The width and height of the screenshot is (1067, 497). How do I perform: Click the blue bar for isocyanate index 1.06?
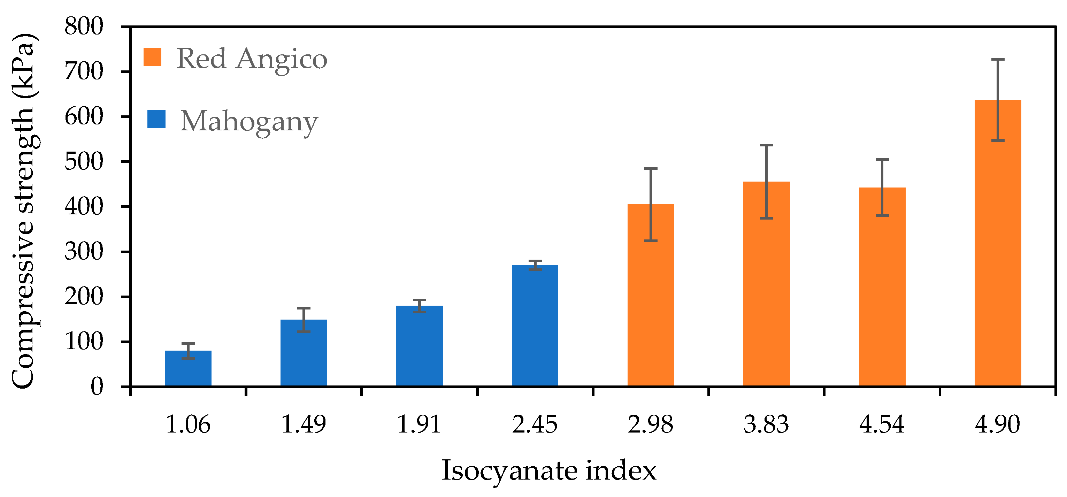pyautogui.click(x=188, y=368)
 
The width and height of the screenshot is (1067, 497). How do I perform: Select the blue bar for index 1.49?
pyautogui.click(x=304, y=353)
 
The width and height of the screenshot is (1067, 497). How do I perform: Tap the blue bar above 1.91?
pyautogui.click(x=420, y=346)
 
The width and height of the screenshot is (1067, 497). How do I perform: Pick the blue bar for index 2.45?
pyautogui.click(x=535, y=326)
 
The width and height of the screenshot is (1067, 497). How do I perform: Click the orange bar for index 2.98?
pyautogui.click(x=651, y=295)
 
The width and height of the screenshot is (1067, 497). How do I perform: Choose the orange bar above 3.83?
pyautogui.click(x=767, y=284)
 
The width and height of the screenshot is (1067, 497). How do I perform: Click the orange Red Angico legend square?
pyautogui.click(x=152, y=57)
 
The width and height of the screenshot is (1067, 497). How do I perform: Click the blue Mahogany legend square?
pyautogui.click(x=156, y=119)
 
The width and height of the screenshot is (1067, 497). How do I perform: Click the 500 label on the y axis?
pyautogui.click(x=84, y=161)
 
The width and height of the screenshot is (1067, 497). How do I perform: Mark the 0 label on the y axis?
pyautogui.click(x=97, y=387)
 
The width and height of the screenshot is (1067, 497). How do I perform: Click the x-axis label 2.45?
pyautogui.click(x=535, y=425)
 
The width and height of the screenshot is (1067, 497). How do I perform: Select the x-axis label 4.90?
pyautogui.click(x=998, y=425)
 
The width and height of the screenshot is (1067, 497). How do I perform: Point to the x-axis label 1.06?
pyautogui.click(x=188, y=425)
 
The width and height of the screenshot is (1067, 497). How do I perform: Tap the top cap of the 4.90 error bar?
pyautogui.click(x=998, y=60)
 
